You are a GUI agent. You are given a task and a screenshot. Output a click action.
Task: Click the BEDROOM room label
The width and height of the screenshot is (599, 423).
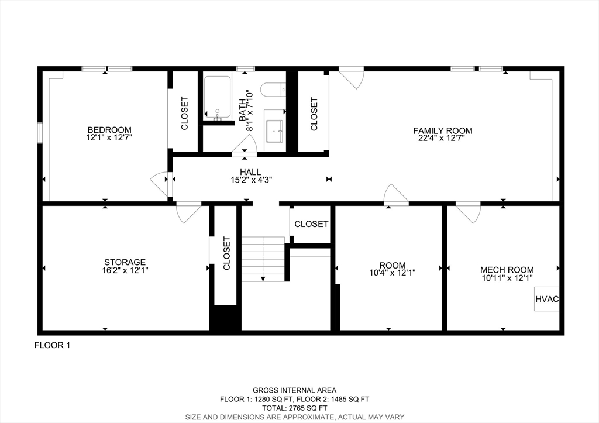(x=109, y=130)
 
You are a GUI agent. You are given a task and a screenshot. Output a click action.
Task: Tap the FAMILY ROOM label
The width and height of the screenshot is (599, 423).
(x=443, y=130)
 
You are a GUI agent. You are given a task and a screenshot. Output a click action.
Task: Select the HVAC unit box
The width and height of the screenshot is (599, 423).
(x=547, y=299)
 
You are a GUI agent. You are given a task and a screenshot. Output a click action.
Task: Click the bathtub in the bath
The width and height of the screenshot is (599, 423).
(x=218, y=98)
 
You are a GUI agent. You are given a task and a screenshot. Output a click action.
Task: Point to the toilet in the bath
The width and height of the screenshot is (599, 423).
(x=273, y=90)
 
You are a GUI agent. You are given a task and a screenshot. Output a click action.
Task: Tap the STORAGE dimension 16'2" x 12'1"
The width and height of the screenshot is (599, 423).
(x=125, y=270)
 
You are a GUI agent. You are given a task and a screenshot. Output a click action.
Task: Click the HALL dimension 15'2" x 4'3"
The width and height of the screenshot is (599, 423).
(x=250, y=180)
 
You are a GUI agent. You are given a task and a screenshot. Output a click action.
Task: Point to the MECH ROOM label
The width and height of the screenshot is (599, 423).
(x=507, y=270)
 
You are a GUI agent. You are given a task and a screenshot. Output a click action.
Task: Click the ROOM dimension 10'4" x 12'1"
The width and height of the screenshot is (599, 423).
(x=392, y=273)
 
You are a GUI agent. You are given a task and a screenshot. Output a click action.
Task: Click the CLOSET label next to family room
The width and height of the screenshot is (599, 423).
(x=314, y=114)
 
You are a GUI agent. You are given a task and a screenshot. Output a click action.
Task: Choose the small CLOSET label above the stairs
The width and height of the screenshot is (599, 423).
(x=311, y=224)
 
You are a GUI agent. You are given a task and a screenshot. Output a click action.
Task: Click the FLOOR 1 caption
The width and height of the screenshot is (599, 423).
(x=53, y=345)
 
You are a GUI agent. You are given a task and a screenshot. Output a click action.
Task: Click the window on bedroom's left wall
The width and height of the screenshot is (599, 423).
(x=40, y=132)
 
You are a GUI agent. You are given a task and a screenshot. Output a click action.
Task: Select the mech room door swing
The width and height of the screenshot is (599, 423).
(x=469, y=212)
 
